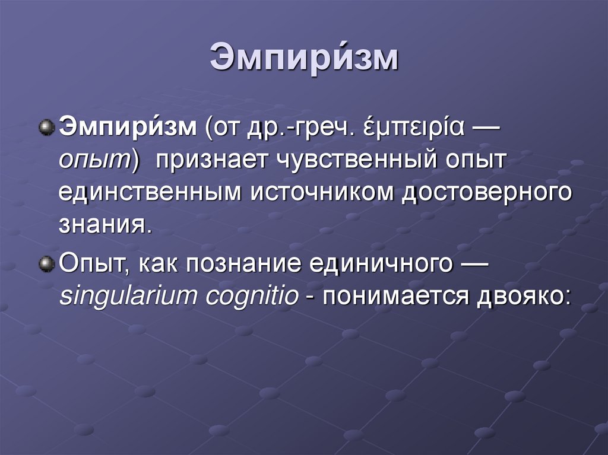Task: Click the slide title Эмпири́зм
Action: (x=303, y=59)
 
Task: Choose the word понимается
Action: (x=394, y=295)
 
